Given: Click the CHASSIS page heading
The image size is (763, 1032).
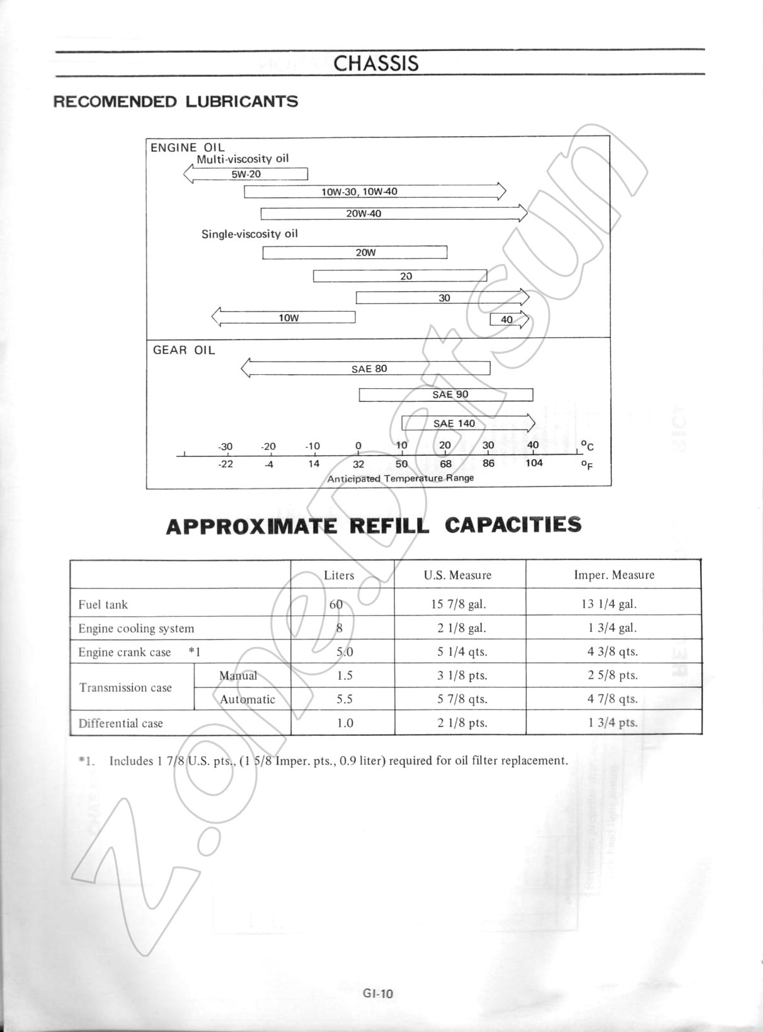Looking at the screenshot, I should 376,63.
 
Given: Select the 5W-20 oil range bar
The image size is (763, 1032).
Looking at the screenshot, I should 246,174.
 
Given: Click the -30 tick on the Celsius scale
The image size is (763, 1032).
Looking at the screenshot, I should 225,447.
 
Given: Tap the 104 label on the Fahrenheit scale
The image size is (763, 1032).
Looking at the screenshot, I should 534,463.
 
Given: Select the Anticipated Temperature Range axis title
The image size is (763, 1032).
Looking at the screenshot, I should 400,478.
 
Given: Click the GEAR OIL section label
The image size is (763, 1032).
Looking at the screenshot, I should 184,350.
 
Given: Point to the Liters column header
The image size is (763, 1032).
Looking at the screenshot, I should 339,575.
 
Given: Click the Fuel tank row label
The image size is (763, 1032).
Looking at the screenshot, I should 103,605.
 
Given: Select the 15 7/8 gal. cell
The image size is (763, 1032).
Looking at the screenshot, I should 459,604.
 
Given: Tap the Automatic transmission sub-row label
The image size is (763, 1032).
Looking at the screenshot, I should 247,699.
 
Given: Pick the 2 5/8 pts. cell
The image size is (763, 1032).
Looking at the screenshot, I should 612,675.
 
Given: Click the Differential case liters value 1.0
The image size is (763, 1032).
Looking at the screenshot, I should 345,723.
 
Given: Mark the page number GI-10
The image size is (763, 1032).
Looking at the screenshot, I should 378,994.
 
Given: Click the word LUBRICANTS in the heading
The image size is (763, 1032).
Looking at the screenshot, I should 241,101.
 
